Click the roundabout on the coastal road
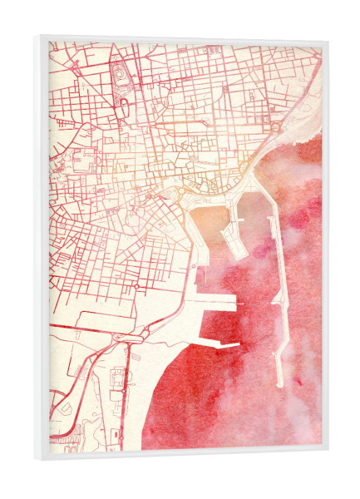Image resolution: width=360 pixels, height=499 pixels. point(274,127)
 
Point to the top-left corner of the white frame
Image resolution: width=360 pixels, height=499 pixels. point(37,36)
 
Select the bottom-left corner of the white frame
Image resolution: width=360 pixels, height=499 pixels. point(37,457)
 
